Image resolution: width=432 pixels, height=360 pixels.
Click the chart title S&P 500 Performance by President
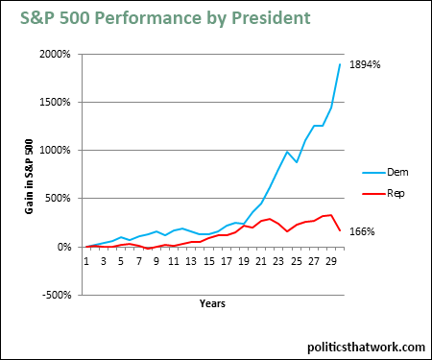click(x=165, y=18)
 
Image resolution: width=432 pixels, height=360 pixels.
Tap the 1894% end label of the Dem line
click(x=365, y=64)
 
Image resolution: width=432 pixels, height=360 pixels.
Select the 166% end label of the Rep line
click(x=362, y=231)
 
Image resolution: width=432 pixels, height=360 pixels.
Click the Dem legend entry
click(x=385, y=172)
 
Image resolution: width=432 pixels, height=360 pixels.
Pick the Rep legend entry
click(x=383, y=193)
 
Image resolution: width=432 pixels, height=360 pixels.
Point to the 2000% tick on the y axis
click(x=55, y=54)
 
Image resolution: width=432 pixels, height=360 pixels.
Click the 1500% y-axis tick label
click(x=55, y=102)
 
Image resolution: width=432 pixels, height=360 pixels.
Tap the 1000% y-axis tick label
click(x=55, y=150)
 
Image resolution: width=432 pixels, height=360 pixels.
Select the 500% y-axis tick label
click(x=58, y=198)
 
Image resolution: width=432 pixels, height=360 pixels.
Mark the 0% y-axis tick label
click(x=64, y=247)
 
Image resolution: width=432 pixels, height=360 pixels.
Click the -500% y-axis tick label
click(x=57, y=295)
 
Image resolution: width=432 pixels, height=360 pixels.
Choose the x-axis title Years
click(x=212, y=303)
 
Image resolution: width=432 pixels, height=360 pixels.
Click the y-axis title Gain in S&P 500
click(x=29, y=177)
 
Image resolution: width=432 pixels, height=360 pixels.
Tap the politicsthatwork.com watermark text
click(x=366, y=348)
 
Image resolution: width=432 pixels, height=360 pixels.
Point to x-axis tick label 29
click(x=331, y=261)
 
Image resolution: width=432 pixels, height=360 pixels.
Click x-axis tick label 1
click(x=86, y=261)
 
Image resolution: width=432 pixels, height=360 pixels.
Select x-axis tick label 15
click(x=208, y=261)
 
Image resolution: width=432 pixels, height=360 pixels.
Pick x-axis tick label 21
click(x=261, y=261)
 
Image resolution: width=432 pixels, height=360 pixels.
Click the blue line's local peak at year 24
click(x=287, y=152)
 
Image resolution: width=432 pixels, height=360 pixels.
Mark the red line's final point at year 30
click(x=340, y=230)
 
